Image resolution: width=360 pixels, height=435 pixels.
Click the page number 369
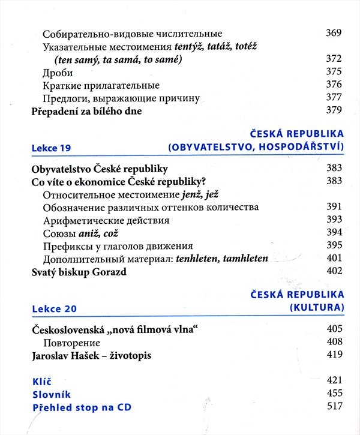(334, 34)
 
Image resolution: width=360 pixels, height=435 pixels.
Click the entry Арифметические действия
(106, 220)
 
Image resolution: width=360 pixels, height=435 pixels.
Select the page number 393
(334, 220)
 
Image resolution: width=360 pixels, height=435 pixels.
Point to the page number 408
(334, 342)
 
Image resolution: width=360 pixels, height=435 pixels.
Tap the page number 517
(334, 408)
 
